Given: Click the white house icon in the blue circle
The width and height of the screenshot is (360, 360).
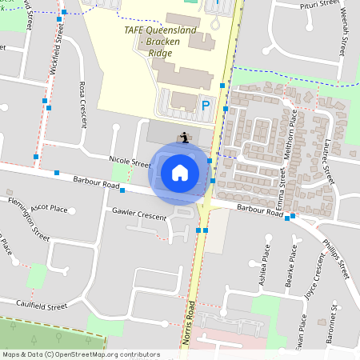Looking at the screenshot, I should click(x=179, y=171).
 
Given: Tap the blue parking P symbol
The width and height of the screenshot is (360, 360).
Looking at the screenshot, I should click(x=206, y=104).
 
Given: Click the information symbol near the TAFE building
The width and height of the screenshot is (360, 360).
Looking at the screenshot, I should click(x=185, y=136).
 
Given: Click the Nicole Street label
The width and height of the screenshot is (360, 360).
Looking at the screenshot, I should click(x=129, y=162).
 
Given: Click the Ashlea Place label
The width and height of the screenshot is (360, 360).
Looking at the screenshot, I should click(x=266, y=256).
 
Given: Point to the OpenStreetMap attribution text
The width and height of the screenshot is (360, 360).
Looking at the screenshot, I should click(x=81, y=354).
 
